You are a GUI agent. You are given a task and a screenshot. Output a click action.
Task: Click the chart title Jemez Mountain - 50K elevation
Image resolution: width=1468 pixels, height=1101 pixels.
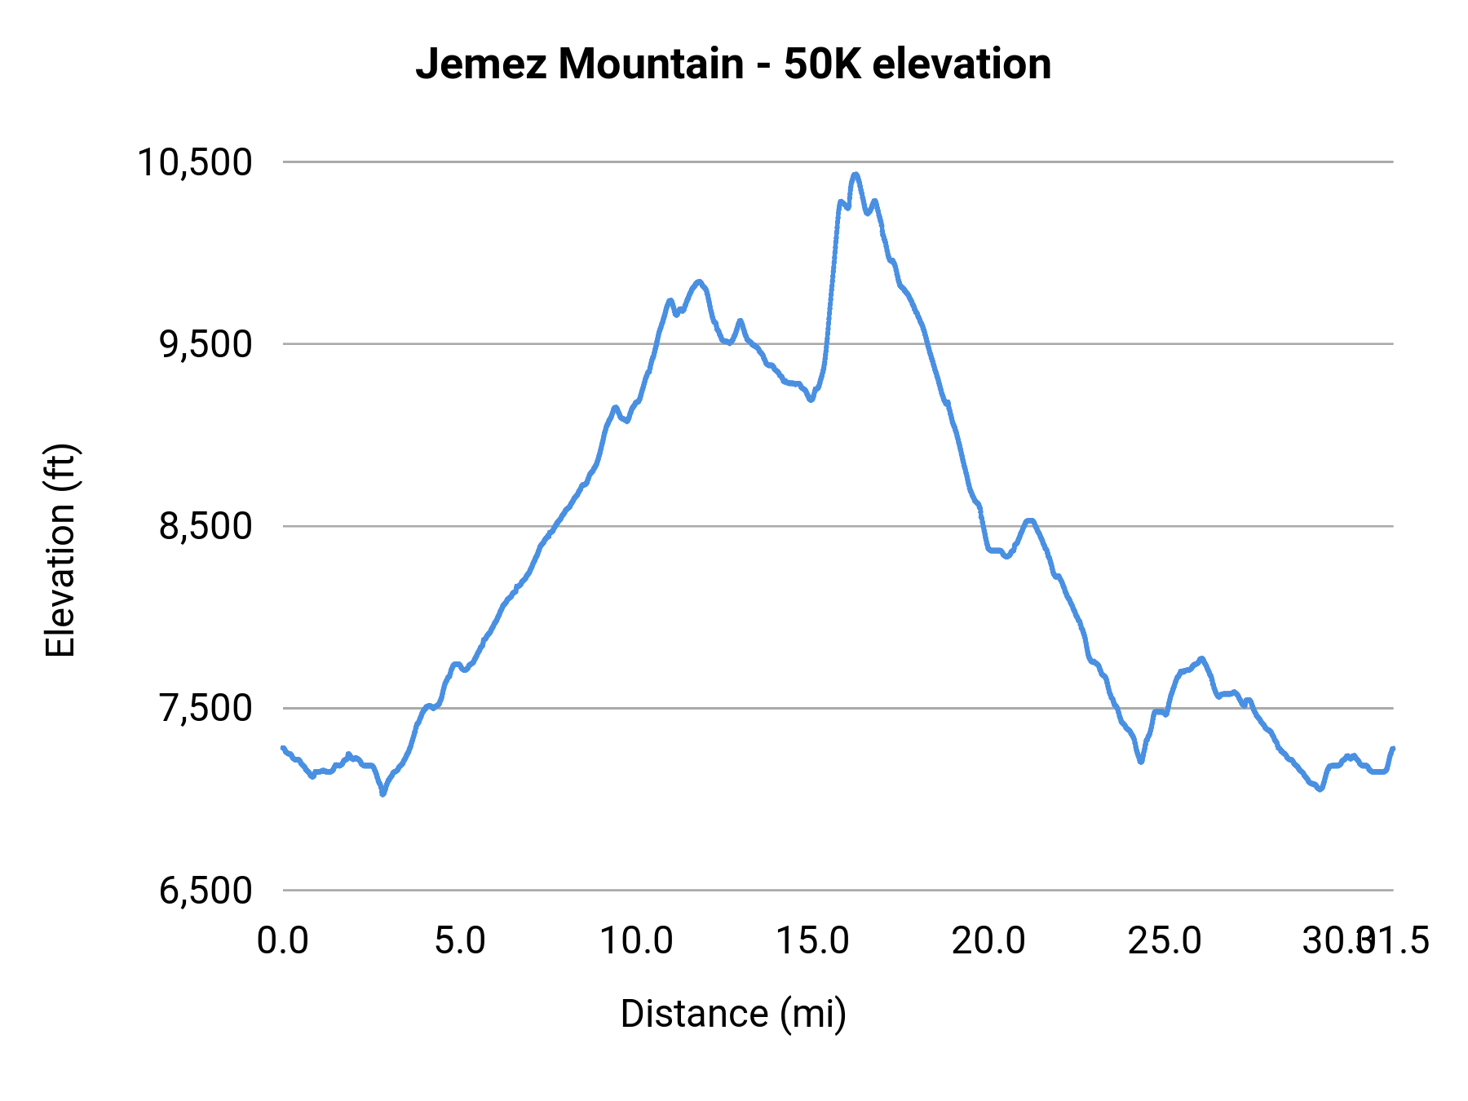pyautogui.click(x=733, y=64)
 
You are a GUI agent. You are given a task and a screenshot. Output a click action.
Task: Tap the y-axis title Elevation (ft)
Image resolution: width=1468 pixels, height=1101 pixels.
pyautogui.click(x=60, y=550)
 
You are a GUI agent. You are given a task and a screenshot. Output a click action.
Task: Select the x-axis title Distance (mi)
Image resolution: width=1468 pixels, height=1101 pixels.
pyautogui.click(x=733, y=1014)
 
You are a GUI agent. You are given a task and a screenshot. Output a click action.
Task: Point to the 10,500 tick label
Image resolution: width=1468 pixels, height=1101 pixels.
pyautogui.click(x=195, y=162)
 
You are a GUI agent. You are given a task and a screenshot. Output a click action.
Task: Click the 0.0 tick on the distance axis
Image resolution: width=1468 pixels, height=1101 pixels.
pyautogui.click(x=283, y=941)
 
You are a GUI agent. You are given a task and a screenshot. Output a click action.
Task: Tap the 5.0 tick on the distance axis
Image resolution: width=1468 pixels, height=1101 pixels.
pyautogui.click(x=460, y=941)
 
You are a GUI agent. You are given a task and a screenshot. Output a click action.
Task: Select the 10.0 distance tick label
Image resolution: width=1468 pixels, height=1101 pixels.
pyautogui.click(x=636, y=941)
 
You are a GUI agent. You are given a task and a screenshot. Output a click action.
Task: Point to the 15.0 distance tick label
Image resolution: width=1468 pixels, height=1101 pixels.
pyautogui.click(x=812, y=941)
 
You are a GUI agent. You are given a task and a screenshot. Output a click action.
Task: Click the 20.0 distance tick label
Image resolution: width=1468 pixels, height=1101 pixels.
pyautogui.click(x=988, y=941)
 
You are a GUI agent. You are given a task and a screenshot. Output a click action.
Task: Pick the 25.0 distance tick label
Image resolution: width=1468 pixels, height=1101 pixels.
pyautogui.click(x=1165, y=941)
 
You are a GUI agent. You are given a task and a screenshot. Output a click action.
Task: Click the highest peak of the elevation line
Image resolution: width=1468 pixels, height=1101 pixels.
pyautogui.click(x=855, y=175)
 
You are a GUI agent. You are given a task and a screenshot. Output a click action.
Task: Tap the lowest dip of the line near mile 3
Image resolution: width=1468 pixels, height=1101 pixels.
pyautogui.click(x=382, y=793)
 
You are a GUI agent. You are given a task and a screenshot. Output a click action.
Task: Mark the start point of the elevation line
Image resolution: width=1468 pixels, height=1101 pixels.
pyautogui.click(x=283, y=748)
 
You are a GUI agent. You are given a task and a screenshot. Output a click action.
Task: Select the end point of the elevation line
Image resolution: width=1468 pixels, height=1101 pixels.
pyautogui.click(x=1393, y=748)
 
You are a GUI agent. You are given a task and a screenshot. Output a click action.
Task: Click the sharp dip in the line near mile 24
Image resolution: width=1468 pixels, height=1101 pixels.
pyautogui.click(x=1141, y=762)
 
